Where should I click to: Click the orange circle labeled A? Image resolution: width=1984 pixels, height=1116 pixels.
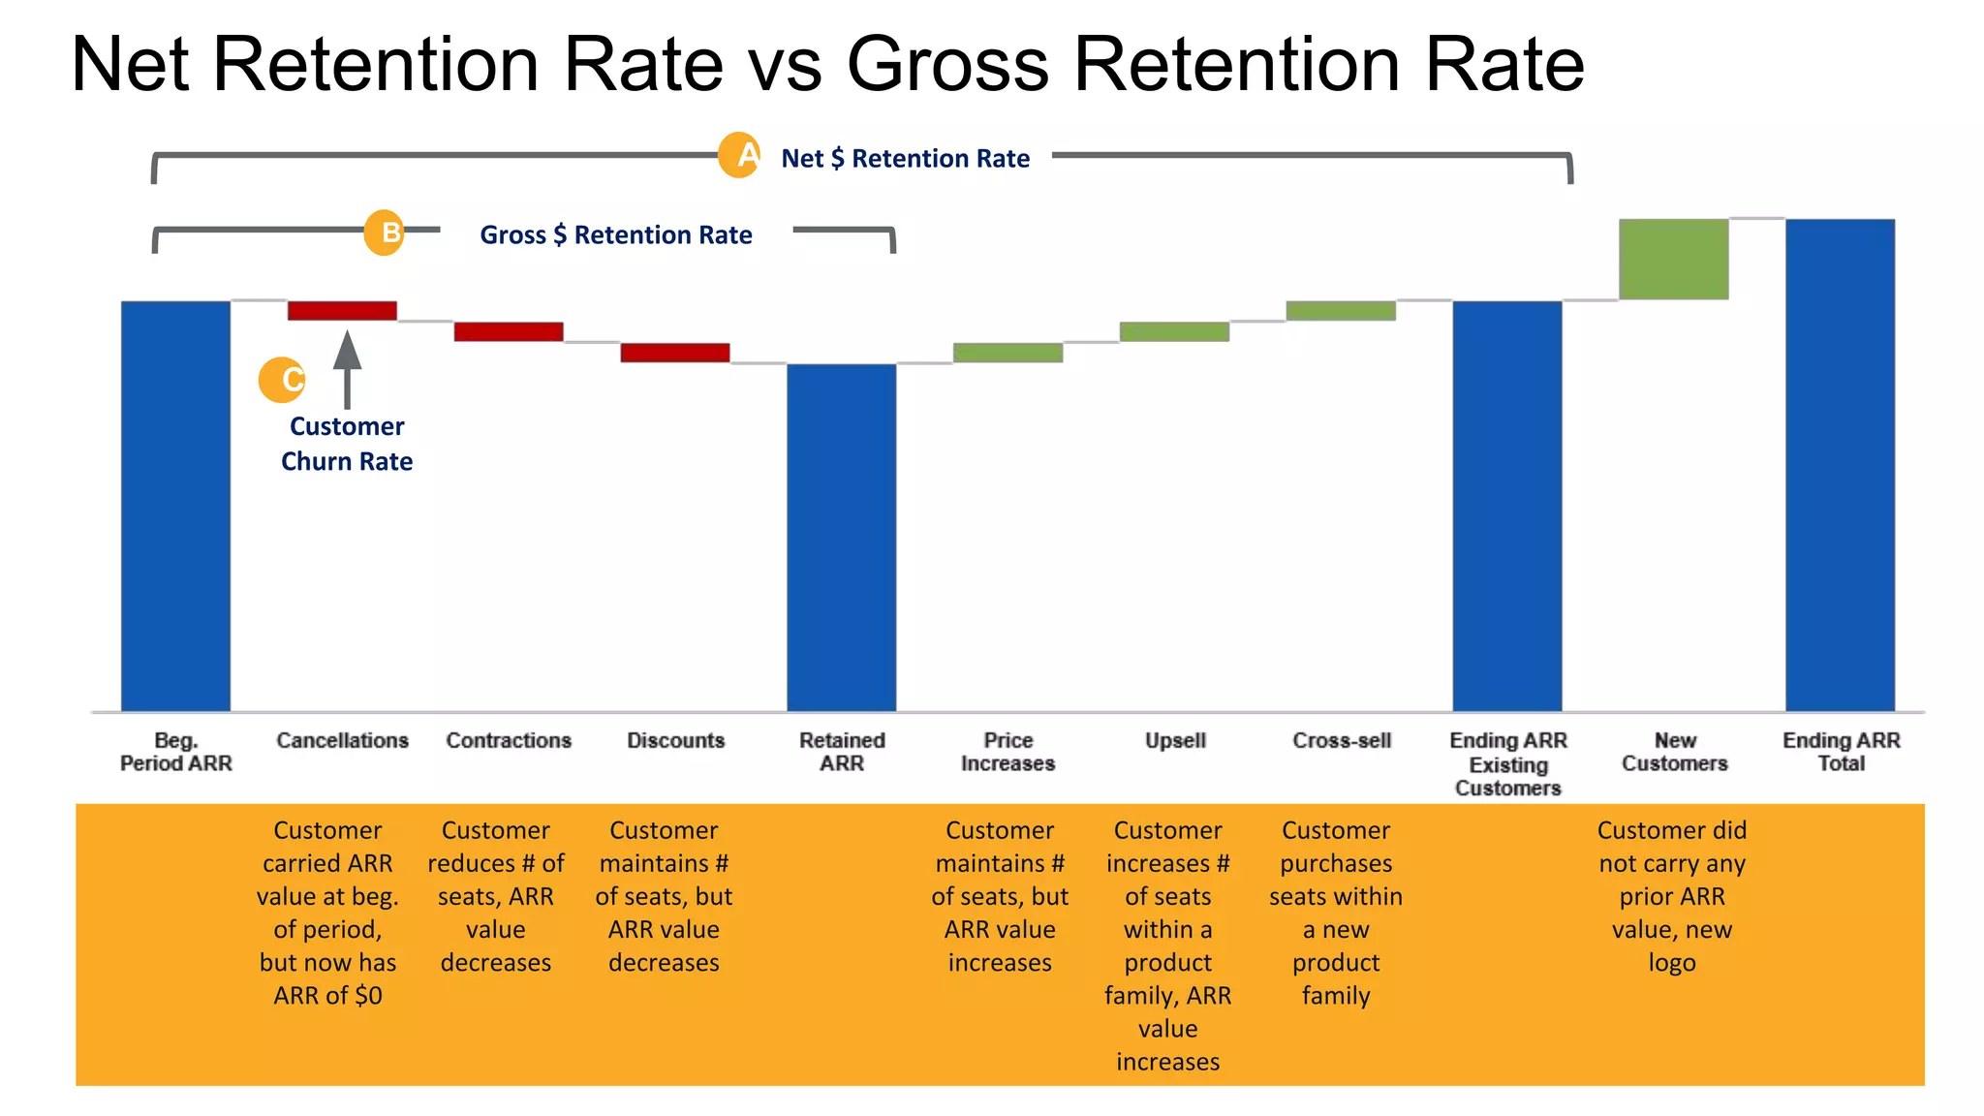click(740, 155)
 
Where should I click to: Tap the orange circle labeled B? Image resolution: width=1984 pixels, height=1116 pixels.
click(385, 232)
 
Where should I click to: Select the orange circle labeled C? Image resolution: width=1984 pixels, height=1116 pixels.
click(282, 380)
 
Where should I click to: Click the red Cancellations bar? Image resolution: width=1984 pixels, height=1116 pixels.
click(342, 311)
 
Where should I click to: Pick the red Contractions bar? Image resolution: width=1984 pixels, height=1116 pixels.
click(509, 331)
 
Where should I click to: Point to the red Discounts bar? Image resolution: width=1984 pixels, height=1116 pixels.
click(675, 353)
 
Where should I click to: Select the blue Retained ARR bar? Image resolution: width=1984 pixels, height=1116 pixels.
click(841, 538)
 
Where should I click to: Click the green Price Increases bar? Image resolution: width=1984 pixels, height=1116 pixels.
click(1007, 353)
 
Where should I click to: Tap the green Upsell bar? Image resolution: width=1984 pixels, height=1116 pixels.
click(1174, 331)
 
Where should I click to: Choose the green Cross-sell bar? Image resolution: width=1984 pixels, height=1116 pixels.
click(1341, 311)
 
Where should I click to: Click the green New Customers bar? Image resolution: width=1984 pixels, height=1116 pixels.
click(1673, 260)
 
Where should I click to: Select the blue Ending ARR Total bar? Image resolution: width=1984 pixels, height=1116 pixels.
click(1840, 465)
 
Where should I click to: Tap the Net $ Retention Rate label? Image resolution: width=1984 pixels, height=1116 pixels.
click(905, 158)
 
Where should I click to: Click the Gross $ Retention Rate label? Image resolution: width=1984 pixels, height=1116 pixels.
click(616, 234)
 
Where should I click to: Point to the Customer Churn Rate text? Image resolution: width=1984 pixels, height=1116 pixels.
click(347, 444)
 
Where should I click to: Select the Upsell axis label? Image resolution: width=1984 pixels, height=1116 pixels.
click(1175, 740)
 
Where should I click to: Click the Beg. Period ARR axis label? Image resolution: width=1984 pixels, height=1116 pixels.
click(176, 752)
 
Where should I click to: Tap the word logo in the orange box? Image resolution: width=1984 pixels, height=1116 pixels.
click(1671, 963)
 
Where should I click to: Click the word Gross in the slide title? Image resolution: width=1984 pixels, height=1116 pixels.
click(947, 64)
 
